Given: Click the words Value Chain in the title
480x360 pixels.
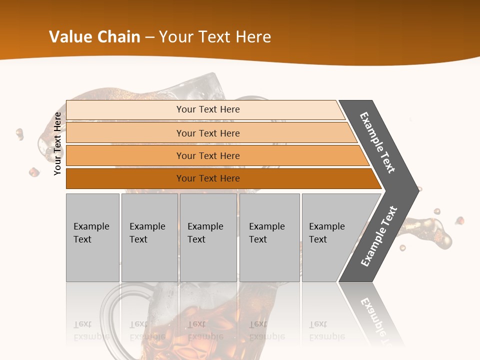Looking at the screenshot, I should tap(94, 37).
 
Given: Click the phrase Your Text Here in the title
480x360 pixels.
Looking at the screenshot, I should tap(215, 37).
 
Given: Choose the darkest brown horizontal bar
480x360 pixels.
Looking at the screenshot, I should tap(125, 178).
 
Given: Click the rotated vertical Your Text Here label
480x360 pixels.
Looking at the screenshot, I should tap(57, 143).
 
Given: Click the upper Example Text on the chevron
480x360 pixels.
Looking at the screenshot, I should tap(377, 142).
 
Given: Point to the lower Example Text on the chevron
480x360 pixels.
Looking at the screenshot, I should tap(379, 236).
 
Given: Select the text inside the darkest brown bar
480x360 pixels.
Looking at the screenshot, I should tap(208, 178).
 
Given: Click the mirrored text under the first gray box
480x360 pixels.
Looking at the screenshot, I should tap(91, 330).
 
